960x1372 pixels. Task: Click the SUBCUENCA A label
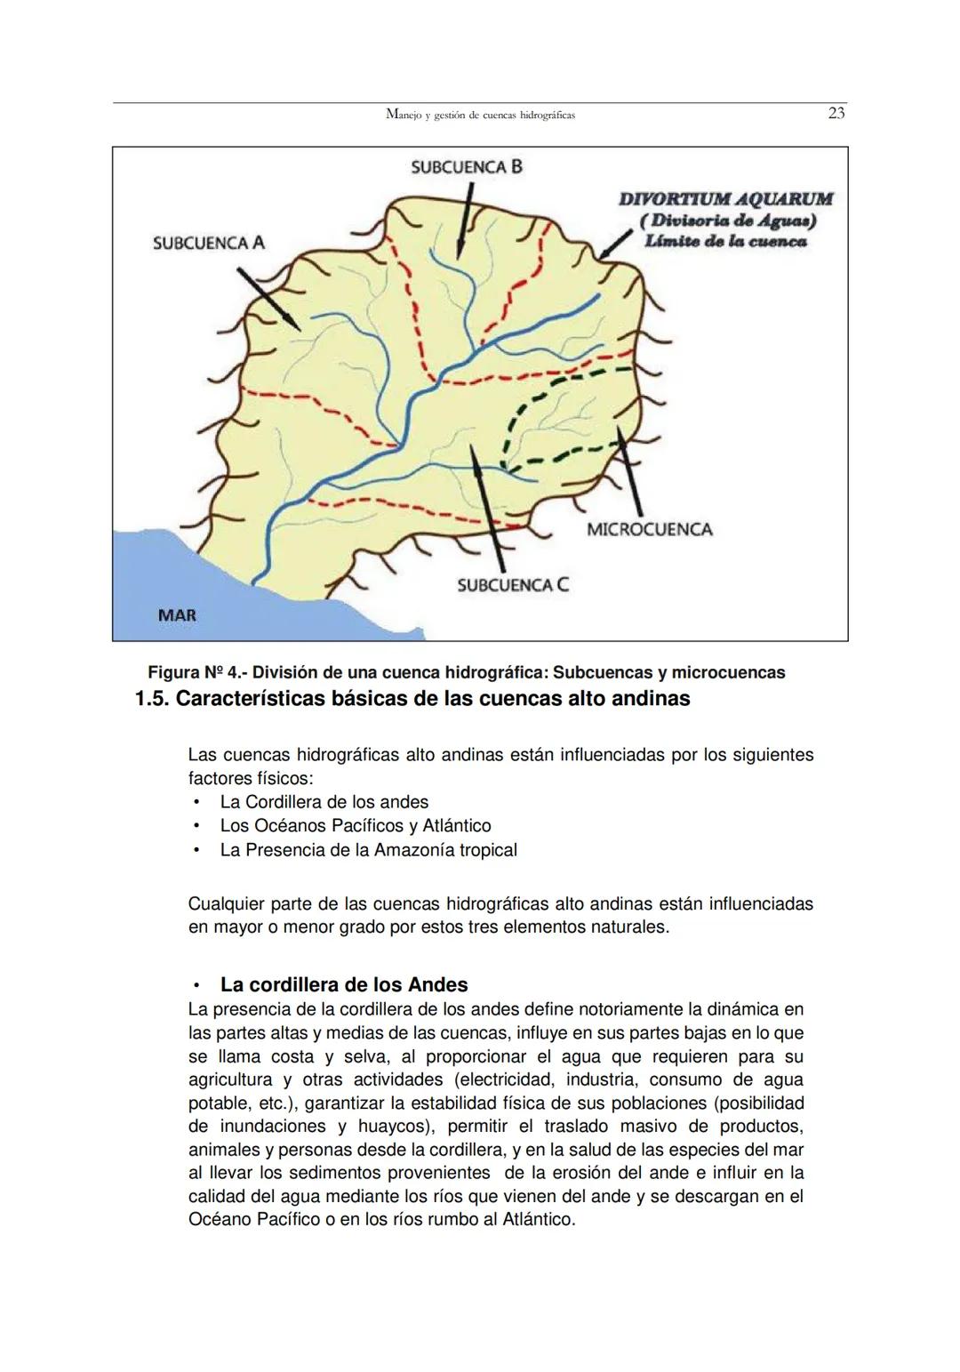coord(208,243)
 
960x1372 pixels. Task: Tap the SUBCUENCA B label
coord(466,167)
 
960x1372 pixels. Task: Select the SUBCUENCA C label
coord(513,584)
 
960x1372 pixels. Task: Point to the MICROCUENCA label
coord(649,530)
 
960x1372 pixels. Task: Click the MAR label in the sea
coord(177,615)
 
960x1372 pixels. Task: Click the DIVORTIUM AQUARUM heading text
coord(725,199)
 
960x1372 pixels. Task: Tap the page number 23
coord(836,114)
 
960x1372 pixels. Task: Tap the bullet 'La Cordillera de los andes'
coord(324,802)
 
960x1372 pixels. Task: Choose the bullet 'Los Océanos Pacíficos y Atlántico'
coord(355,826)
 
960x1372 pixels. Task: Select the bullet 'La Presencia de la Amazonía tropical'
coord(368,850)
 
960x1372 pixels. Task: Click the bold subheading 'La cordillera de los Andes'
coord(343,985)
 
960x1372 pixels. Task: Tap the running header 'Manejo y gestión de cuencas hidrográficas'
coord(480,115)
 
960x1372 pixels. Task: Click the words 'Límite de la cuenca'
coord(725,241)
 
